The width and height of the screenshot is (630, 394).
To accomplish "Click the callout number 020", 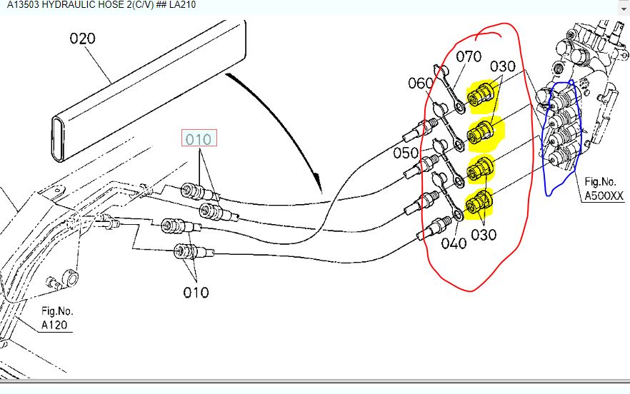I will click(82, 39).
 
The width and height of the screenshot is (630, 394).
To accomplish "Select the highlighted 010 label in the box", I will click(199, 139).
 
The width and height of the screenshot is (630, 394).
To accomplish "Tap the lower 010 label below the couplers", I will click(196, 292).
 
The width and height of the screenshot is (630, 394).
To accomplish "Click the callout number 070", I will click(469, 56).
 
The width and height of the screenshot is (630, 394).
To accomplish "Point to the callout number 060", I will click(421, 84).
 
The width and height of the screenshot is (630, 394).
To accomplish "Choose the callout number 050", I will click(406, 153).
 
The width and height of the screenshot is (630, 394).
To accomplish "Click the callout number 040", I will click(454, 243).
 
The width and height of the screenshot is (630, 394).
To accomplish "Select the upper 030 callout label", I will click(502, 66).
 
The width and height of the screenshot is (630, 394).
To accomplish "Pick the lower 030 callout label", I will click(484, 234).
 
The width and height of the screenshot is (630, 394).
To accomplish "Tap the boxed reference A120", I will click(56, 325).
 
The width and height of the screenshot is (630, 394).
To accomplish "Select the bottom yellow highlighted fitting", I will click(476, 204).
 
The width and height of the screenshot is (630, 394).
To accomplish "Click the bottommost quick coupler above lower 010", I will click(184, 251).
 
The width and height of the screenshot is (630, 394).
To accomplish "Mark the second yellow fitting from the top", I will click(481, 131).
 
